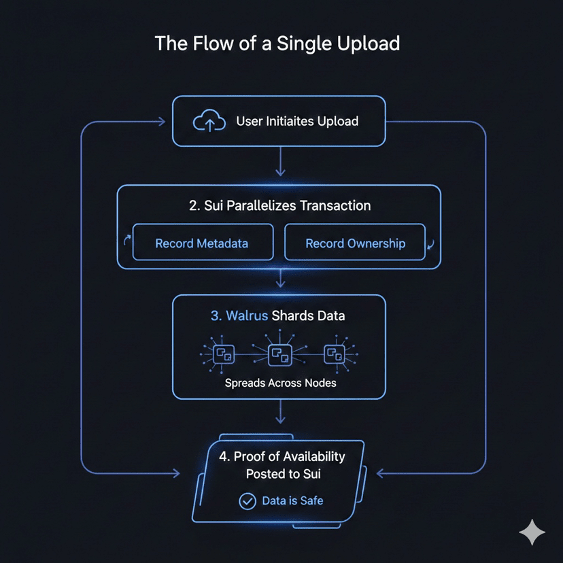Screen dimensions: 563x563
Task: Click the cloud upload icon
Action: pos(209,122)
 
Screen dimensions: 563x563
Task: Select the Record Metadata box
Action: pos(202,243)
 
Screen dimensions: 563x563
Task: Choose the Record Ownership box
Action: pos(355,243)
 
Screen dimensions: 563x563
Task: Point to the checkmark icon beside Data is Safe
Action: pos(247,501)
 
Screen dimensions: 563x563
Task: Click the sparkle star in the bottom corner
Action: pos(532,532)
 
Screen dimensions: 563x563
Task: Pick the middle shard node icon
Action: pos(279,354)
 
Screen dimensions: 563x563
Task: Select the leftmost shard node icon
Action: pos(223,354)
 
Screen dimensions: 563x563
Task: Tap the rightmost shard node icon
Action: pos(334,354)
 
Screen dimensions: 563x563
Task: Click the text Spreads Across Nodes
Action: pos(280,383)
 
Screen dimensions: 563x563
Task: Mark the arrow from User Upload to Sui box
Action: pos(279,165)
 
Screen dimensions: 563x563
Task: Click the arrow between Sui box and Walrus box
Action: pos(279,279)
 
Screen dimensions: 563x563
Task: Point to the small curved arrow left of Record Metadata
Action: pos(126,241)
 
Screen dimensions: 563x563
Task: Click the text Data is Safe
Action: pos(292,501)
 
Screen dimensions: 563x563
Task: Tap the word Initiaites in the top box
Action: pos(286,122)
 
